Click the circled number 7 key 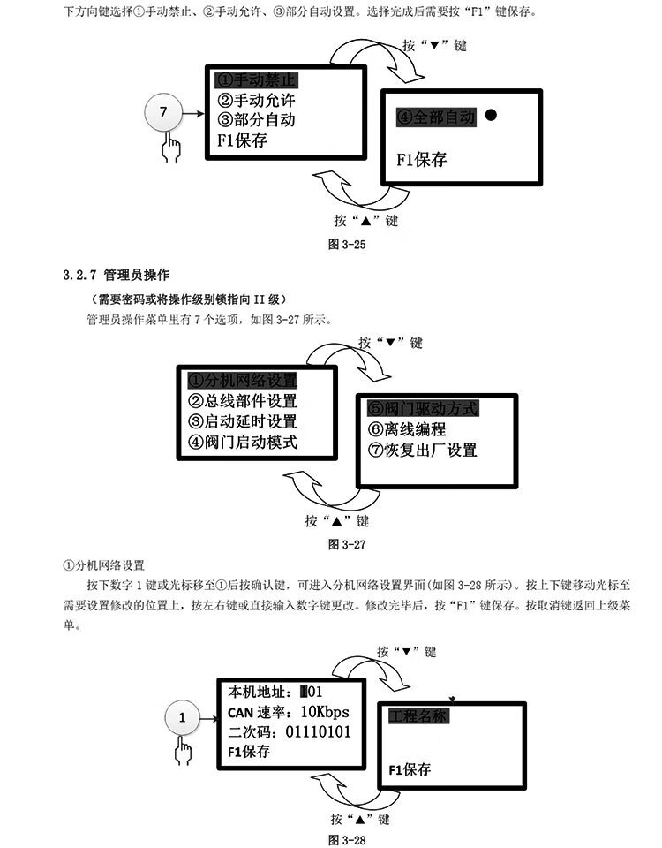point(162,113)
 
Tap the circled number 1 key point(183,718)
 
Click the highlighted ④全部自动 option point(435,117)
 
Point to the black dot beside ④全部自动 point(490,115)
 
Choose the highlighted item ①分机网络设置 point(242,381)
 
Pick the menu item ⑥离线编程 point(408,430)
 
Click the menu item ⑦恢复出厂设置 point(423,450)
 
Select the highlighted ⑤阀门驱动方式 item point(423,409)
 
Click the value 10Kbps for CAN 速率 point(324,712)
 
